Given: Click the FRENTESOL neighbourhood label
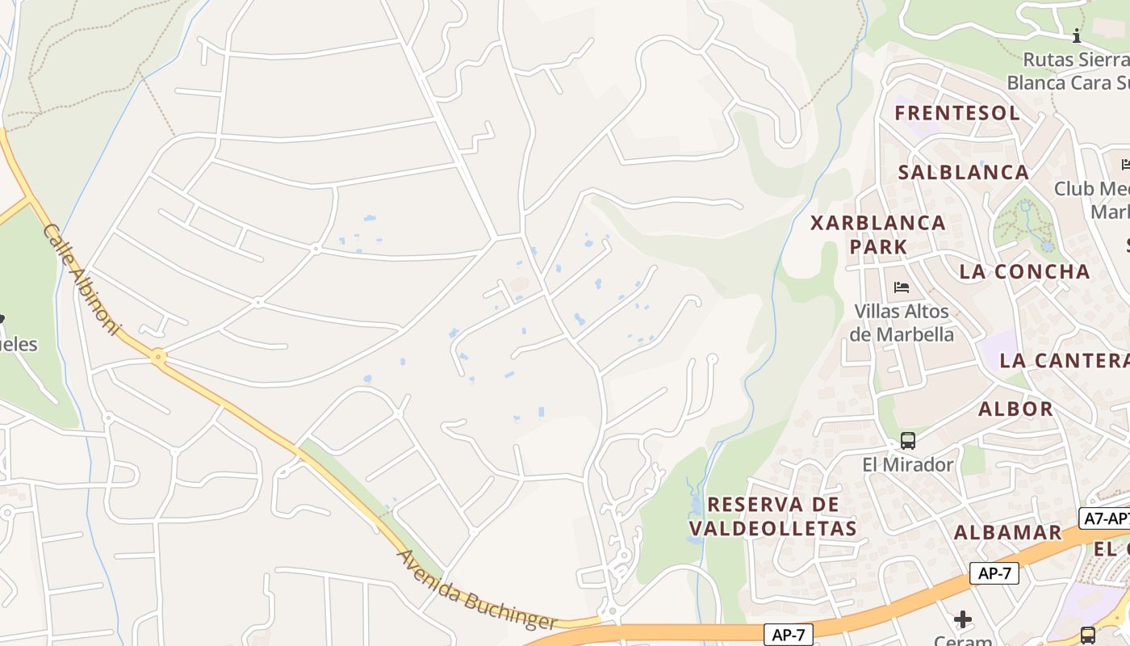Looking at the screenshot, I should (x=956, y=113).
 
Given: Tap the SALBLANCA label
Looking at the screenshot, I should (x=963, y=172).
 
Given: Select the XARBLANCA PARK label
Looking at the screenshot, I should (x=878, y=234).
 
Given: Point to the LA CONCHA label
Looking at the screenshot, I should (x=1024, y=271).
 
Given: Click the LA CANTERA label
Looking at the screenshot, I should (x=1064, y=360).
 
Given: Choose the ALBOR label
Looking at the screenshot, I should (x=1015, y=409).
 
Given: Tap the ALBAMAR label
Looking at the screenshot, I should (x=1007, y=532).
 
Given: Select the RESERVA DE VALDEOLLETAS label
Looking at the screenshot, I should (x=772, y=517).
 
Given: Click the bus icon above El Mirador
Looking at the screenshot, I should (x=908, y=441).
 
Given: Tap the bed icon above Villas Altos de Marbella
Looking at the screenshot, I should (x=902, y=287).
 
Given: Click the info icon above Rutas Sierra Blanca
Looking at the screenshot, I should (x=1076, y=36).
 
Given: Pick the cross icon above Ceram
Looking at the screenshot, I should (x=963, y=619).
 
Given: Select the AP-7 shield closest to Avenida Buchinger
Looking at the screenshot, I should (x=788, y=634).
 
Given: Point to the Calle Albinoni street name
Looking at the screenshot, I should (x=81, y=281).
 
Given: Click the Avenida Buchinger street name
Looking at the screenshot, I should (x=476, y=590).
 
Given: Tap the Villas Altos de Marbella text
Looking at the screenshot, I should (x=903, y=322).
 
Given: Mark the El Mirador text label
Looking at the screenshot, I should (x=908, y=464).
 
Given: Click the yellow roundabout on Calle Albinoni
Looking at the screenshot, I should (x=158, y=356).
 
